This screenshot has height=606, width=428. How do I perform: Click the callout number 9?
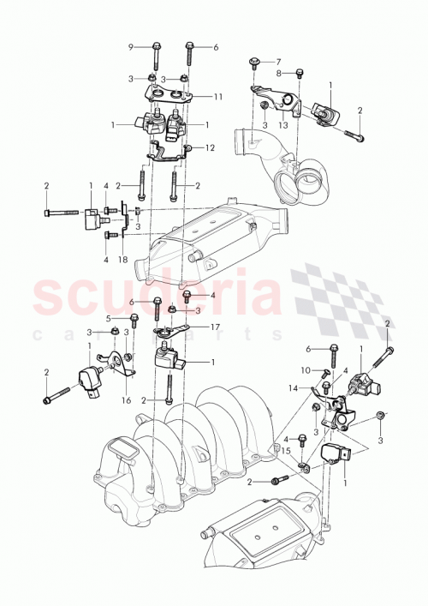pyautogui.click(x=131, y=46)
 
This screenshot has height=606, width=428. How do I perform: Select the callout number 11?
pyautogui.click(x=218, y=96)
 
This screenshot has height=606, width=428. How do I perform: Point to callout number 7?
pyautogui.click(x=277, y=62)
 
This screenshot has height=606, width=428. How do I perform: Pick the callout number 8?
pyautogui.click(x=277, y=75)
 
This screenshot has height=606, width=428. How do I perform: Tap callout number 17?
pyautogui.click(x=216, y=326)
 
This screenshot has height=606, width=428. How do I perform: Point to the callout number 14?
pyautogui.click(x=293, y=388)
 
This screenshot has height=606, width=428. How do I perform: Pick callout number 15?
pyautogui.click(x=288, y=450)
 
